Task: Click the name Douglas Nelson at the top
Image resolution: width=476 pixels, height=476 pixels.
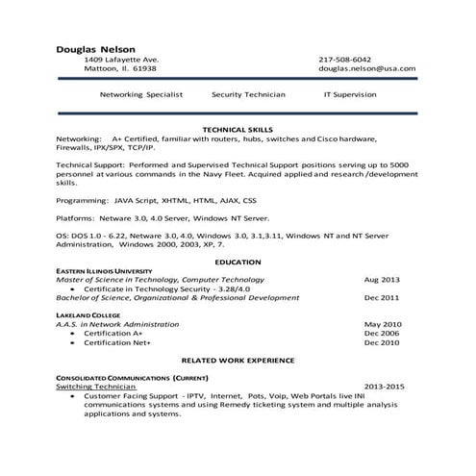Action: (95, 49)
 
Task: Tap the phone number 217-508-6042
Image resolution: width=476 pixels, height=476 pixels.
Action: (344, 60)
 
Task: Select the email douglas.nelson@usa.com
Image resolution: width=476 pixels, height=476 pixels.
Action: (366, 69)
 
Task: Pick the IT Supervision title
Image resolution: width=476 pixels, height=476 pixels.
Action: (351, 95)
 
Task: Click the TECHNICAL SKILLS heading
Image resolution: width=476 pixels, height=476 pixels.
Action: (238, 129)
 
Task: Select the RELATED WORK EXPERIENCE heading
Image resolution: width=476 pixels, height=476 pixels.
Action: (238, 360)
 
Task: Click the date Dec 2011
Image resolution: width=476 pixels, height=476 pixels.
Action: (382, 298)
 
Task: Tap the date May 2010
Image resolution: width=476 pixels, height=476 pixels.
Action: (383, 324)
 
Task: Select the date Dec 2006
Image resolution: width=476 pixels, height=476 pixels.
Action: (382, 333)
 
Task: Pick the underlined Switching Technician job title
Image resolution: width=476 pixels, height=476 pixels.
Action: (96, 387)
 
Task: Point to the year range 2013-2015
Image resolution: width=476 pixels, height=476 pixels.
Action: (384, 387)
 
